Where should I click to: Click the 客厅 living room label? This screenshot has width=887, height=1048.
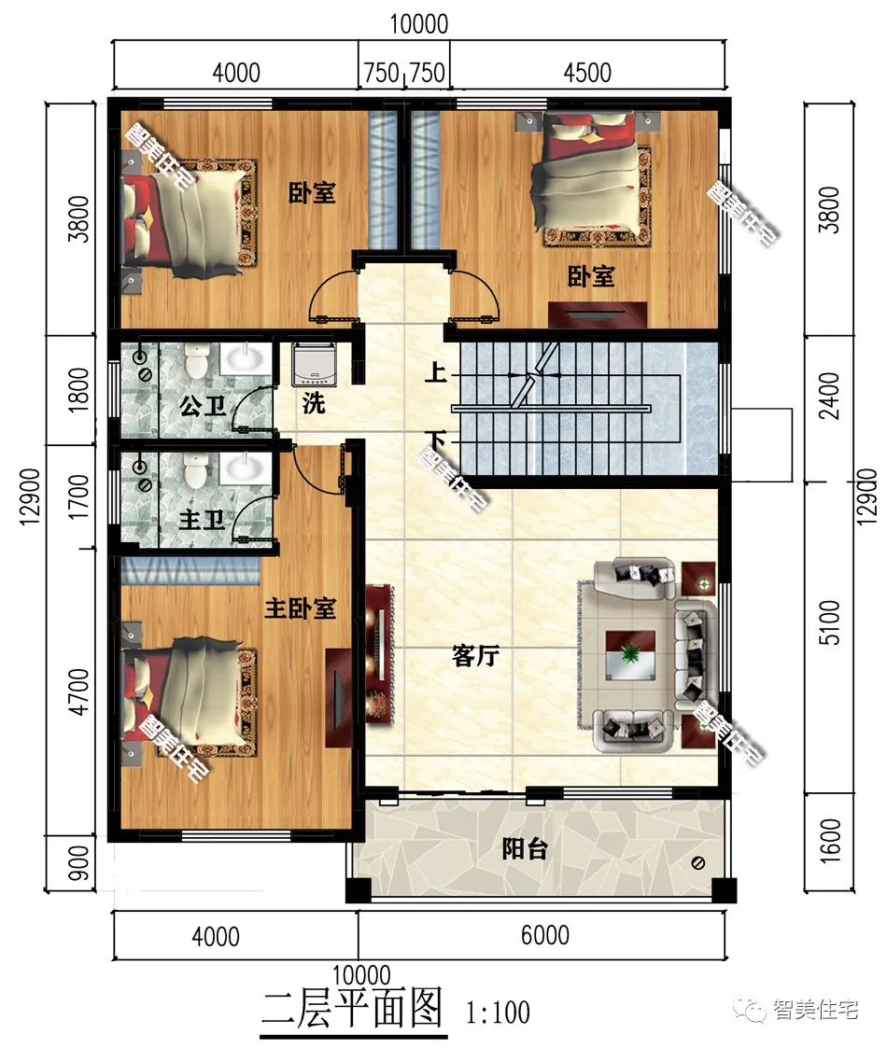pyautogui.click(x=475, y=656)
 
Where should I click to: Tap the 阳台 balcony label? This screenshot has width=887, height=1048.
pyautogui.click(x=525, y=849)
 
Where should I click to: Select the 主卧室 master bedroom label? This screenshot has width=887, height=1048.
pyautogui.click(x=301, y=608)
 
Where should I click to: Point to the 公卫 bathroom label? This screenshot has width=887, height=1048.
pyautogui.click(x=203, y=406)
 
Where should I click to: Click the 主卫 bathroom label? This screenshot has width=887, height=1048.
pyautogui.click(x=202, y=519)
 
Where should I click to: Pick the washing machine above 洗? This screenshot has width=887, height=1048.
pyautogui.click(x=313, y=364)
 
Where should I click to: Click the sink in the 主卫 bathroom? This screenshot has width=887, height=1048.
pyautogui.click(x=246, y=468)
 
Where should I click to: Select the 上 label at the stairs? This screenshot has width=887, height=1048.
pyautogui.click(x=435, y=371)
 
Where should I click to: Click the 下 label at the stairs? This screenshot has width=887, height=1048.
pyautogui.click(x=435, y=441)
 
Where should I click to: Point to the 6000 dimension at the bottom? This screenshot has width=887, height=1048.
pyautogui.click(x=545, y=935)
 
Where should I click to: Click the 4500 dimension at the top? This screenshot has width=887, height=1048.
pyautogui.click(x=587, y=72)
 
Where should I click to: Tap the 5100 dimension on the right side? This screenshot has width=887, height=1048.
pyautogui.click(x=829, y=622)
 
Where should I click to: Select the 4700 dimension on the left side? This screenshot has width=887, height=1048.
pyautogui.click(x=79, y=692)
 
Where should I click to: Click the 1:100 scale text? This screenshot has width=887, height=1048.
pyautogui.click(x=499, y=1013)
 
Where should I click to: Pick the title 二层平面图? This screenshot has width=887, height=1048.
pyautogui.click(x=352, y=1009)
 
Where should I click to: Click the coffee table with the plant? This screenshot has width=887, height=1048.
pyautogui.click(x=630, y=655)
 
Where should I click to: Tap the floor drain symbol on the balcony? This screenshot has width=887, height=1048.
pyautogui.click(x=697, y=863)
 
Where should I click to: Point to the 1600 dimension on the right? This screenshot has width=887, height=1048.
pyautogui.click(x=829, y=841)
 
